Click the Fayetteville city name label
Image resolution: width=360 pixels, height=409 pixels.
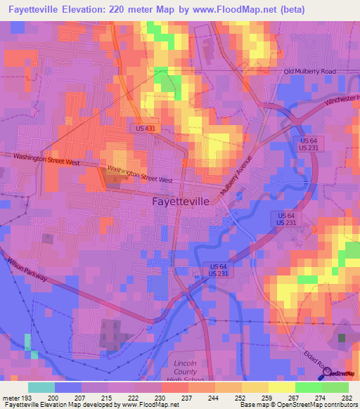[x=181, y=201]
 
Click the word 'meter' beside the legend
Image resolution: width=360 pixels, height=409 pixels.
[x=11, y=396]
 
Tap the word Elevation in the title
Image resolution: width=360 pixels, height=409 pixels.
[x=78, y=9]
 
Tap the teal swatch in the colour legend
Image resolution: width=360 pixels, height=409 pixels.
[x=41, y=387]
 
